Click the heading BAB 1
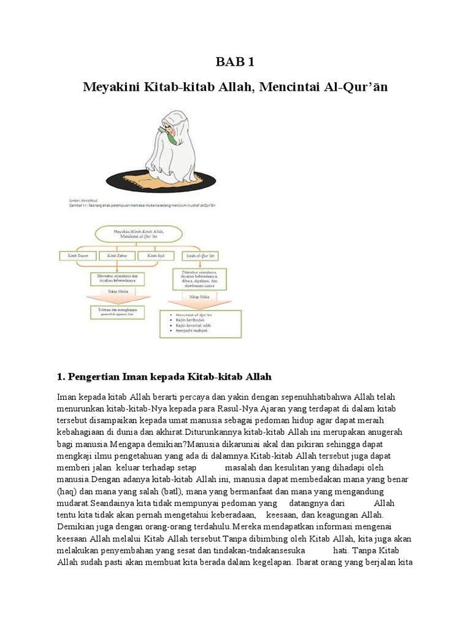point(235,62)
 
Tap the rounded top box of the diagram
point(137,234)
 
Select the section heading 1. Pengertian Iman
point(164,375)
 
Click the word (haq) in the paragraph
point(67,491)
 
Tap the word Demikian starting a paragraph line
point(77,526)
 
